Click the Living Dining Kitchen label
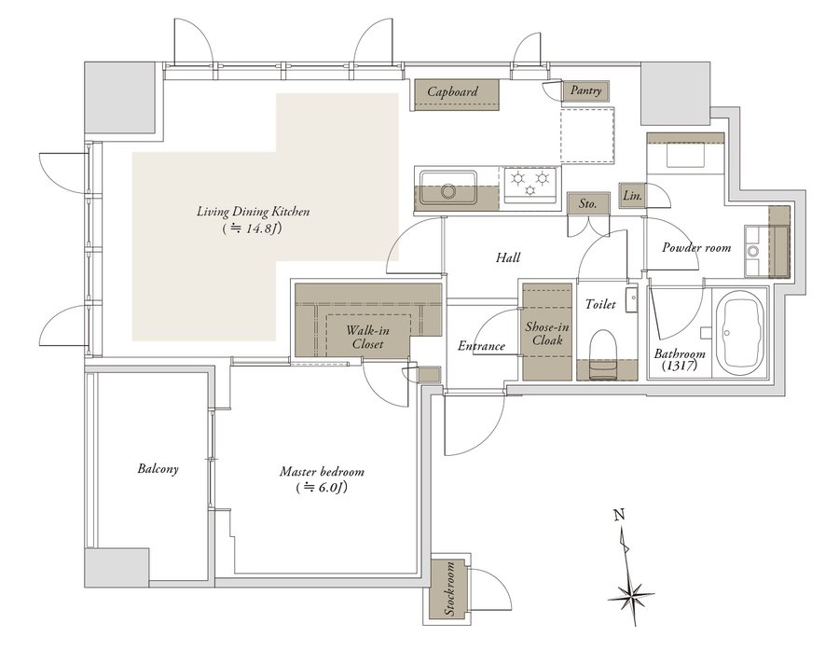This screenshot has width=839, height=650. [253, 213]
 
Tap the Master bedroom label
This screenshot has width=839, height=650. [322, 472]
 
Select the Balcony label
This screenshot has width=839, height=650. [157, 469]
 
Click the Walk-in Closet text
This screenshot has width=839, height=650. [367, 337]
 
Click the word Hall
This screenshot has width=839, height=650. [508, 257]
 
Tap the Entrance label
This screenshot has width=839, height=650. [481, 346]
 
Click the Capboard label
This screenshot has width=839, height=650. [453, 91]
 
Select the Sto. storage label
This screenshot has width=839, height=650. [587, 202]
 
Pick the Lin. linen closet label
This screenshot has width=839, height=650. [632, 196]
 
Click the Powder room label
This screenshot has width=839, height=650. [696, 248]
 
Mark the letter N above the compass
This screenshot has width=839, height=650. [618, 513]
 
